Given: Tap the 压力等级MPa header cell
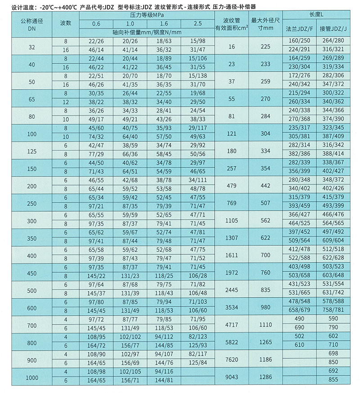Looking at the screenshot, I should click(147, 15).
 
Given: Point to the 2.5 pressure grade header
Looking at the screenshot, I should click(198, 23).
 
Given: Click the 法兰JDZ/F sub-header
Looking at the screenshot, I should click(300, 28).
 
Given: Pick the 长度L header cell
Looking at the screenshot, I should click(317, 15).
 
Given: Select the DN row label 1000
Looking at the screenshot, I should click(32, 377).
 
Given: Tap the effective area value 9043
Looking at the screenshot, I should click(232, 377).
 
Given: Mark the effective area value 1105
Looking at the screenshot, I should click(232, 221).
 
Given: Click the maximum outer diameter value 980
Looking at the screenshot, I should click(265, 307).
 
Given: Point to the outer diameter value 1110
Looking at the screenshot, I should click(265, 325).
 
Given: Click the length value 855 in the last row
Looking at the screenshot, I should click(333, 381).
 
